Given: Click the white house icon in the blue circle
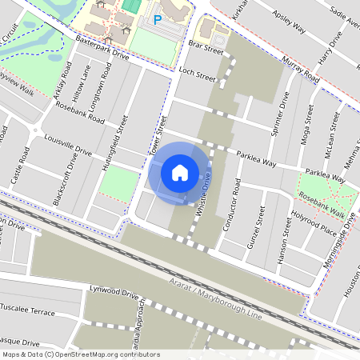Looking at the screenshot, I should pyautogui.click(x=180, y=172).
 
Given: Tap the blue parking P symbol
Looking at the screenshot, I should pyautogui.click(x=158, y=18).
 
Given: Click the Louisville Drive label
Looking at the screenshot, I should pyautogui.click(x=69, y=144).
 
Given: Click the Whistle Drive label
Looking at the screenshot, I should pyautogui.click(x=205, y=195).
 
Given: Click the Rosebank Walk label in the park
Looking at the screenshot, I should pyautogui.click(x=321, y=205).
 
